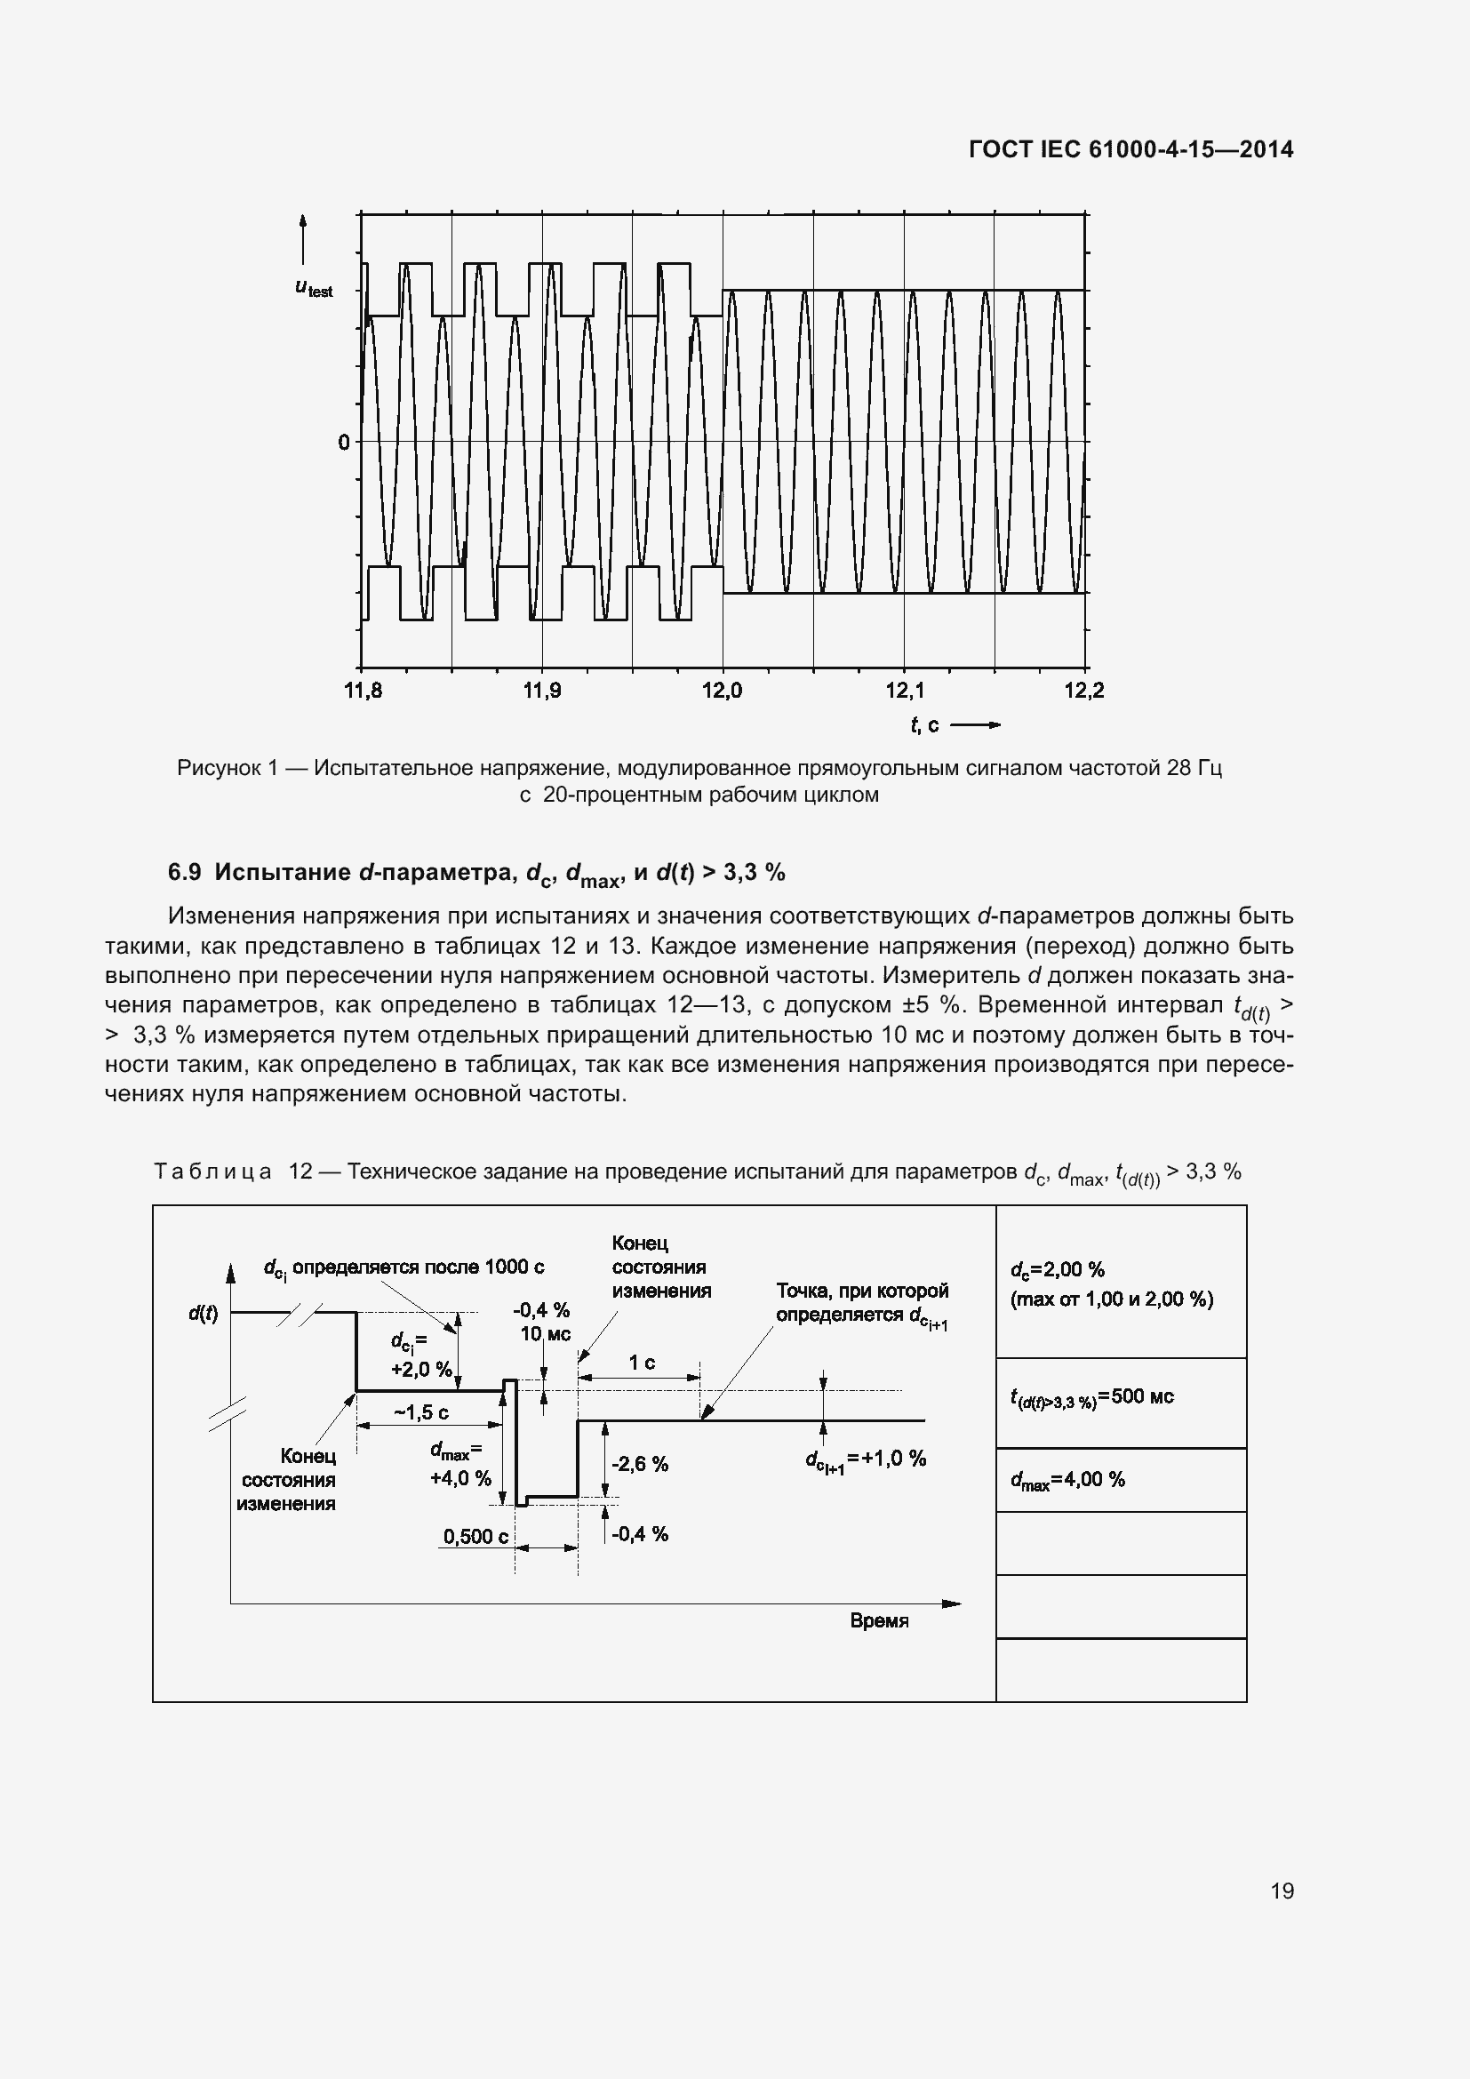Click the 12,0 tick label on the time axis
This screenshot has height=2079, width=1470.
click(x=722, y=691)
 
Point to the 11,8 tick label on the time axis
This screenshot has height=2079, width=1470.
click(x=363, y=691)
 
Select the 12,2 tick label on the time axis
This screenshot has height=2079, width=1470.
click(x=1084, y=691)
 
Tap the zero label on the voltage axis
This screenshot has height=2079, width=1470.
click(x=343, y=443)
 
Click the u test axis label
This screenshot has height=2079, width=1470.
click(x=314, y=288)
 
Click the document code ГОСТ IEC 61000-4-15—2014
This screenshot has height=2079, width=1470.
click(x=1130, y=149)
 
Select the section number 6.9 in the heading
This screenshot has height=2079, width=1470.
click(x=184, y=872)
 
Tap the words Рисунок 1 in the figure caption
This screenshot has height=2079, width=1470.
click(x=228, y=768)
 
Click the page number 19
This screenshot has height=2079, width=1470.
click(x=1282, y=1891)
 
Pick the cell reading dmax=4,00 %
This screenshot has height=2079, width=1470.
click(x=1067, y=1480)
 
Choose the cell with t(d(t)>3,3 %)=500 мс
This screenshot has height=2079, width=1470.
click(x=1091, y=1396)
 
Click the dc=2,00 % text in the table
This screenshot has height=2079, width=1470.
click(x=1057, y=1269)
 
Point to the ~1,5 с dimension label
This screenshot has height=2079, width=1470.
click(x=421, y=1412)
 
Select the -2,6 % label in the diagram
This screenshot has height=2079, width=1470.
click(x=640, y=1464)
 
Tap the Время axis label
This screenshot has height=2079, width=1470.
click(x=879, y=1621)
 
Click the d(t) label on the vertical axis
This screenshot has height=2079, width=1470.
click(x=203, y=1313)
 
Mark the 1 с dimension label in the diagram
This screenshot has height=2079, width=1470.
click(x=642, y=1363)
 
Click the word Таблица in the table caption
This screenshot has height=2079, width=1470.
click(x=212, y=1171)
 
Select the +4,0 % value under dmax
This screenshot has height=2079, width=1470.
click(x=459, y=1478)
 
